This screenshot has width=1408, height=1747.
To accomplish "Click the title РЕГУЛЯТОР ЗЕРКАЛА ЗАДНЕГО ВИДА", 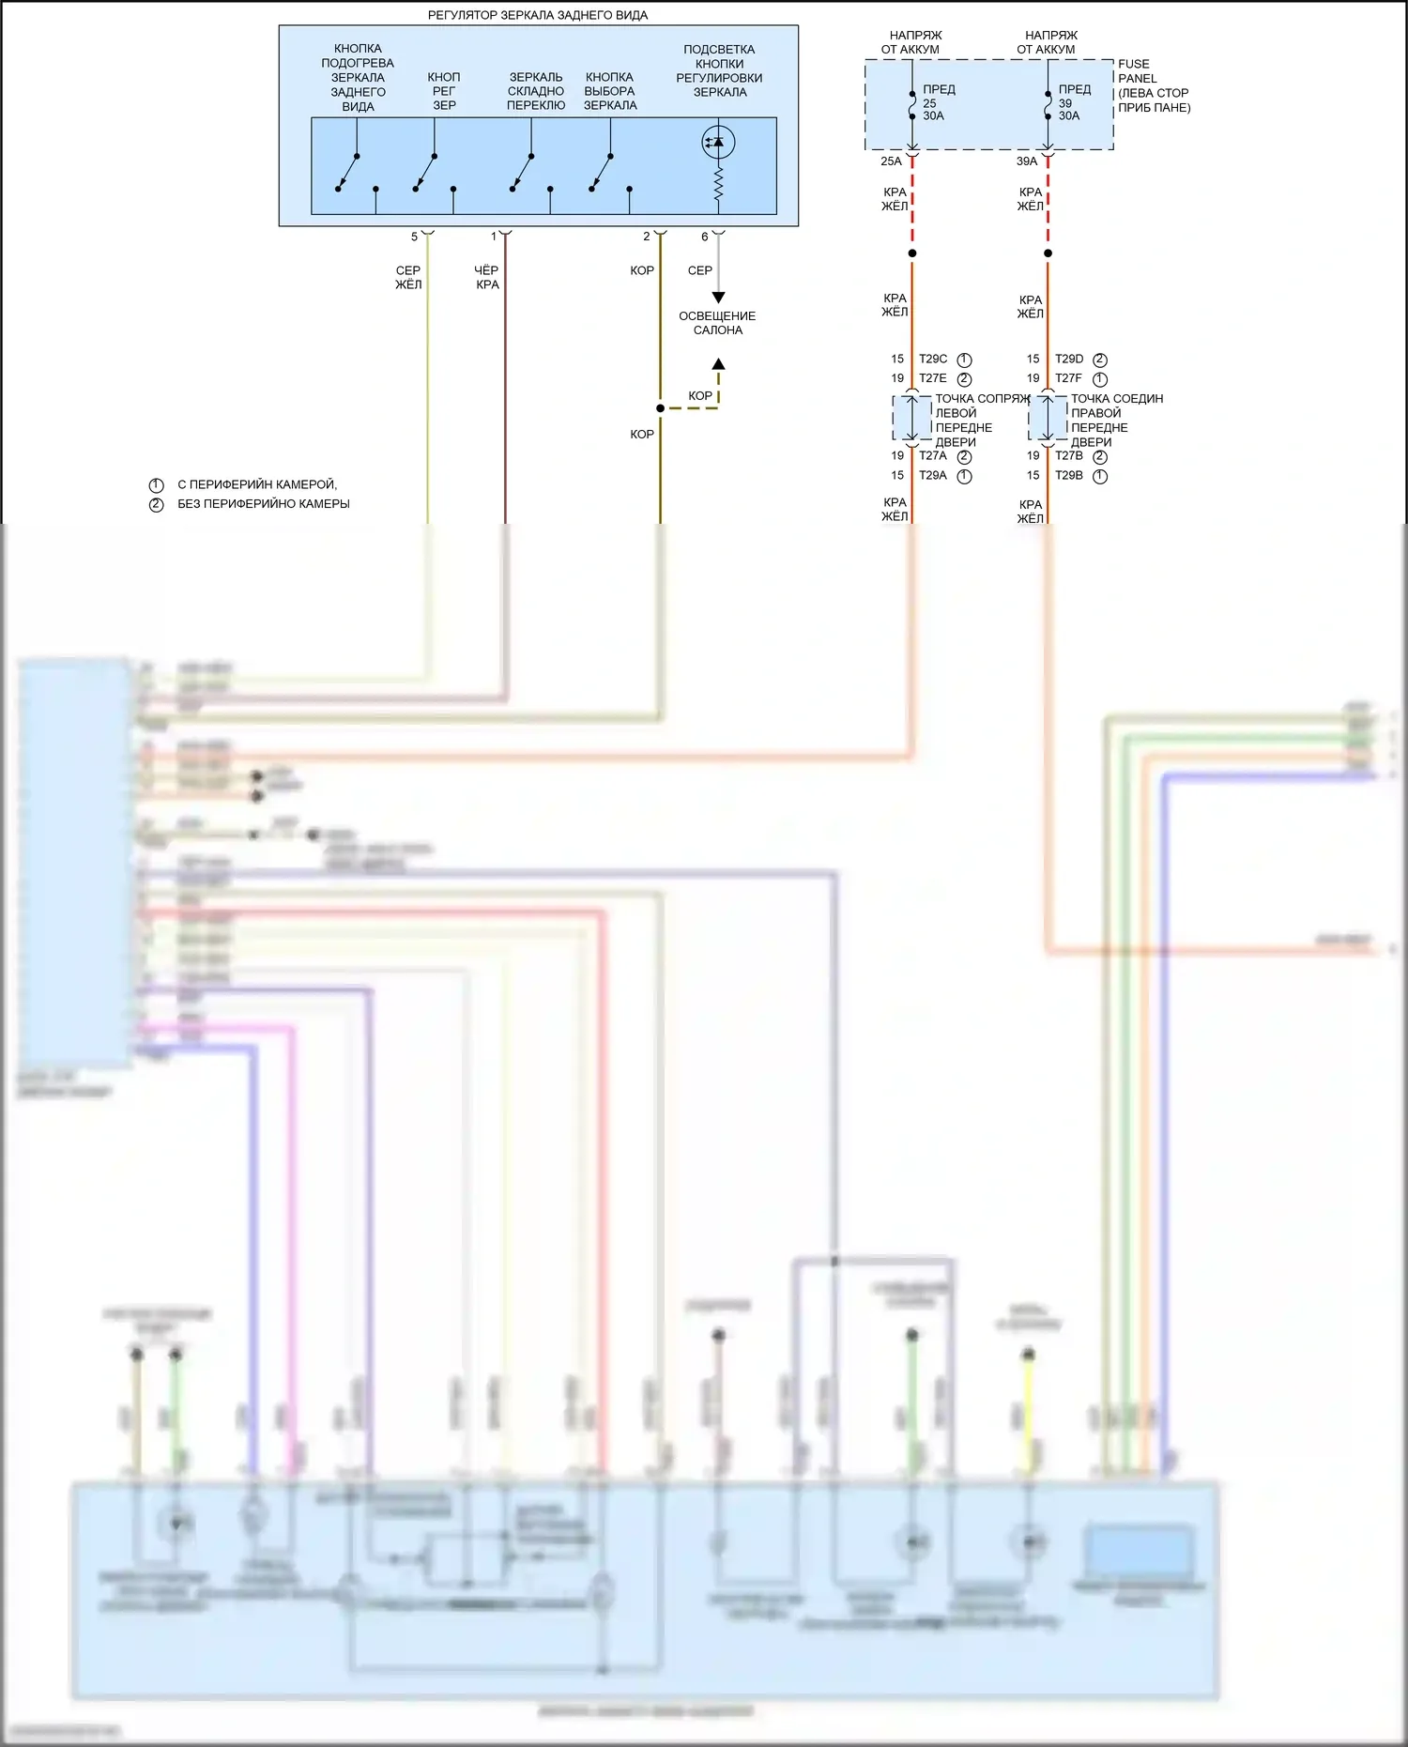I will pyautogui.click(x=538, y=15).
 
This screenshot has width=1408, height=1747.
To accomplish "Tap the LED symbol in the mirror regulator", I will pyautogui.click(x=718, y=143).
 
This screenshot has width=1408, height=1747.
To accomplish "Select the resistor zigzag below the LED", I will pyautogui.click(x=718, y=183).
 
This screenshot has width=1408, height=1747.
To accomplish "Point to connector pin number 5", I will pyautogui.click(x=414, y=237).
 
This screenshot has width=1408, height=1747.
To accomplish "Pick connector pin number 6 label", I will pyautogui.click(x=705, y=237).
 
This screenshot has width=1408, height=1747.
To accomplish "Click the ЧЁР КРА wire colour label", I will pyautogui.click(x=487, y=277).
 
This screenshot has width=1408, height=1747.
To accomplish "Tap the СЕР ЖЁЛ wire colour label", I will pyautogui.click(x=408, y=277).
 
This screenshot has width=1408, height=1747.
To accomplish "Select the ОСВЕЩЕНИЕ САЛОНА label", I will pyautogui.click(x=717, y=323).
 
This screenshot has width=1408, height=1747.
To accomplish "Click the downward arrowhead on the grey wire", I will pyautogui.click(x=718, y=298).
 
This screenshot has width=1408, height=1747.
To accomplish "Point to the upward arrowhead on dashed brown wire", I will pyautogui.click(x=718, y=364).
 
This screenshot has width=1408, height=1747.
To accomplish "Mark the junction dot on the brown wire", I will pyautogui.click(x=661, y=408).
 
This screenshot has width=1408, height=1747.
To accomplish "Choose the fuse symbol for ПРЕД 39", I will pyautogui.click(x=1048, y=105).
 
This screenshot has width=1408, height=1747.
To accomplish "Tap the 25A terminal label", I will pyautogui.click(x=891, y=161).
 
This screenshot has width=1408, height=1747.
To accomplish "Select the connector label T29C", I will pyautogui.click(x=933, y=359).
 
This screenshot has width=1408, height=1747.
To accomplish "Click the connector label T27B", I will pyautogui.click(x=1068, y=455).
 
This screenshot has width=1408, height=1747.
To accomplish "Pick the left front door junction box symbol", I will pyautogui.click(x=911, y=418).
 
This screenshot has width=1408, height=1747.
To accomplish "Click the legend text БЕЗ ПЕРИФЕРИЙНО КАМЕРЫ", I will pyautogui.click(x=264, y=504).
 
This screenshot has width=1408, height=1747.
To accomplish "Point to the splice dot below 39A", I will pyautogui.click(x=1048, y=253).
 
